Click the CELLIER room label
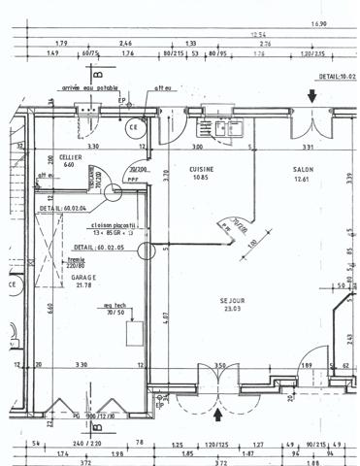tap(69, 156)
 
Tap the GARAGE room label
tap(82, 276)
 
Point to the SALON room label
tap(303, 168)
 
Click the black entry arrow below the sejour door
tap(217, 415)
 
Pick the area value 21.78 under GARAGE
tap(82, 284)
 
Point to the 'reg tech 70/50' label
tap(116, 310)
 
